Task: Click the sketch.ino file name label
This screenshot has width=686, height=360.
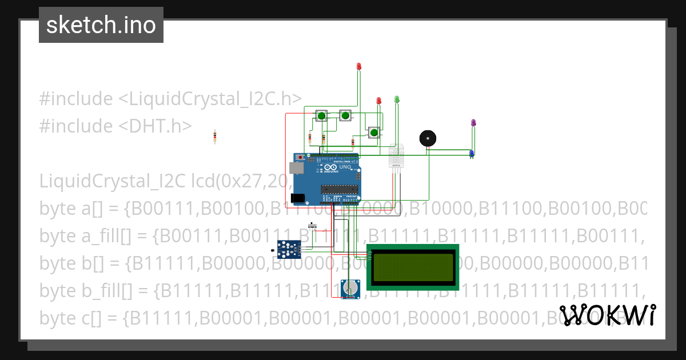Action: point(101,25)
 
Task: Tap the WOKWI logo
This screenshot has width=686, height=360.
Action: point(607,315)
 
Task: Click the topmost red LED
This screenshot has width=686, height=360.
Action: point(359,67)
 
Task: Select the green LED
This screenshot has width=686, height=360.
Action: point(397,99)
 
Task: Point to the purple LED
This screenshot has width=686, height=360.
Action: point(473,123)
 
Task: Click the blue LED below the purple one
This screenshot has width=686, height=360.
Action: point(472,154)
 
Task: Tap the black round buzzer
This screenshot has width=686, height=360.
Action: point(427,138)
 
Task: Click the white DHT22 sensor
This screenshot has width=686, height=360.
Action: point(396,156)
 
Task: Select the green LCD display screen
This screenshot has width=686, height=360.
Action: point(413,266)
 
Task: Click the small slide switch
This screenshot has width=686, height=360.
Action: point(312,223)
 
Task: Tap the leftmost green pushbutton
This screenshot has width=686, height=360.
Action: point(321,116)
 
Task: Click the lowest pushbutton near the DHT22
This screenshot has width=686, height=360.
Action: point(373,133)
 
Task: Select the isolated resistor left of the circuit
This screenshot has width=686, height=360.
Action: point(215,136)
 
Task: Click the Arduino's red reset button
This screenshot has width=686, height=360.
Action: point(301,156)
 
